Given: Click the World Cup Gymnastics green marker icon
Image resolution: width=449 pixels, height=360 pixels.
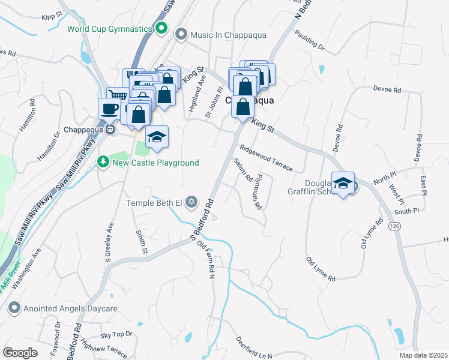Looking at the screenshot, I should pos(161,28).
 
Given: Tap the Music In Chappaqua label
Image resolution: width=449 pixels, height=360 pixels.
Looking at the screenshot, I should pos(224,35).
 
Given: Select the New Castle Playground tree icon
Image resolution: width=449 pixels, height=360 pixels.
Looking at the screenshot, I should pos(103,162).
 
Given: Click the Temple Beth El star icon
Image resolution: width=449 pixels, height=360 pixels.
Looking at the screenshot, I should pos(191,202).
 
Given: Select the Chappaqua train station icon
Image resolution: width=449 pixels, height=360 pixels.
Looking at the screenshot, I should pos(110,130).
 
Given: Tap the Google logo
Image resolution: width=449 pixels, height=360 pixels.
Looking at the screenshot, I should pos(20,352).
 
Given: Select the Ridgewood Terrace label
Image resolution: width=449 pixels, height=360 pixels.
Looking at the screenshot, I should pos(266,157).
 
